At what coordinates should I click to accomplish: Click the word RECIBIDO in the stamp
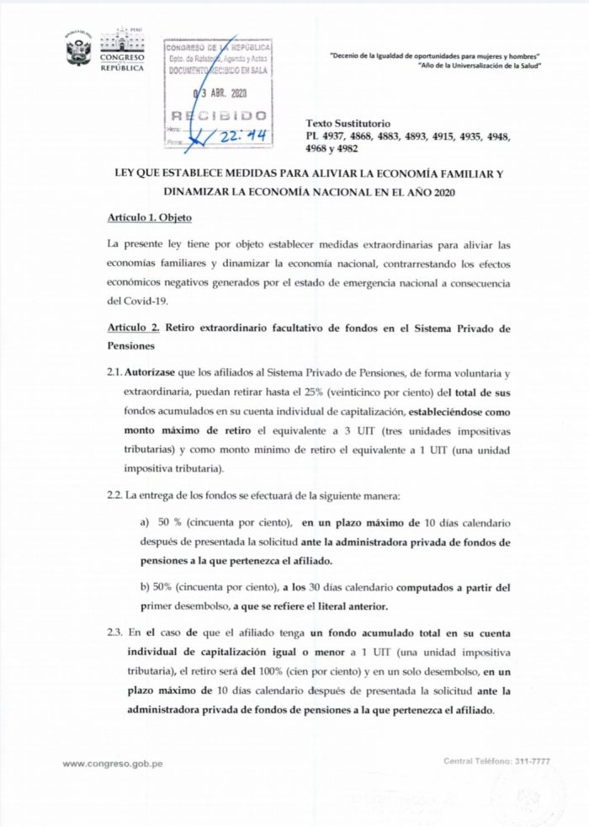coord(219,115)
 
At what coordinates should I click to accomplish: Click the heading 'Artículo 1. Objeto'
coord(150,218)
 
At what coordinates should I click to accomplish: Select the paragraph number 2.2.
coord(117,496)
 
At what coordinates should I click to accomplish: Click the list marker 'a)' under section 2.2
coord(144,523)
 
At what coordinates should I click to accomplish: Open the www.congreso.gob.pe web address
coord(113,763)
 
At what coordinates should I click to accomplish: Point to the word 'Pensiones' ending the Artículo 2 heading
coord(132,344)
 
